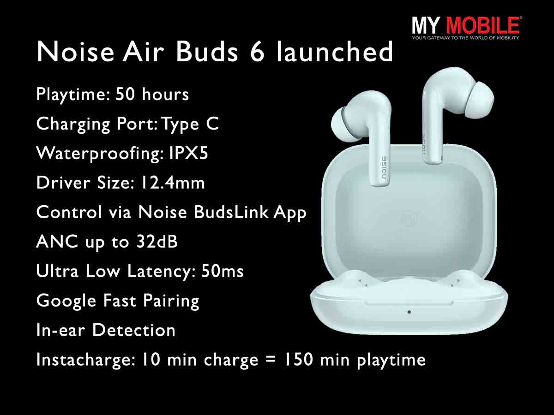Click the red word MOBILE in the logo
482,25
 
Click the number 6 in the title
257,52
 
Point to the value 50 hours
152,94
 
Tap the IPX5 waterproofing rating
188,153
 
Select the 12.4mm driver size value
172,183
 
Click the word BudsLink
231,212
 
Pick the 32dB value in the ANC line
157,241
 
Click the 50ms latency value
223,271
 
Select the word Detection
134,330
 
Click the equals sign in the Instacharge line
271,360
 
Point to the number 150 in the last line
299,359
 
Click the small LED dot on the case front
409,312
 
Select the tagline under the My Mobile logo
466,38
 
